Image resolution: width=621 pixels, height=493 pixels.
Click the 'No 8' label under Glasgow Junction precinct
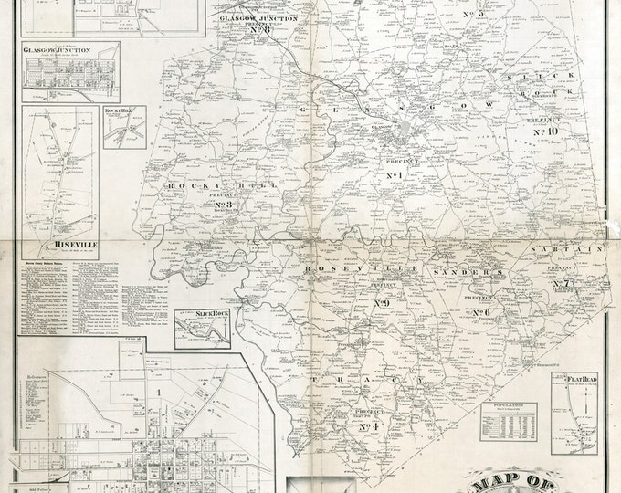tap(259, 30)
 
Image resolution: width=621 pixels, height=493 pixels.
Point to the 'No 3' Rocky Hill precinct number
tap(222, 205)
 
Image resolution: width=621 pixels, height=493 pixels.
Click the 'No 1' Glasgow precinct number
tap(395, 175)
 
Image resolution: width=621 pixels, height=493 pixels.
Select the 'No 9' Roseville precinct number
tap(382, 303)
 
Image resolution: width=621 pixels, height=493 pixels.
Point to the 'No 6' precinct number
tap(481, 313)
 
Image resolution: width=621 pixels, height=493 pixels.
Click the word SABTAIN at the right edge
tap(574, 248)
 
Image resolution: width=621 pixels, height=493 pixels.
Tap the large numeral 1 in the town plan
tap(158, 393)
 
